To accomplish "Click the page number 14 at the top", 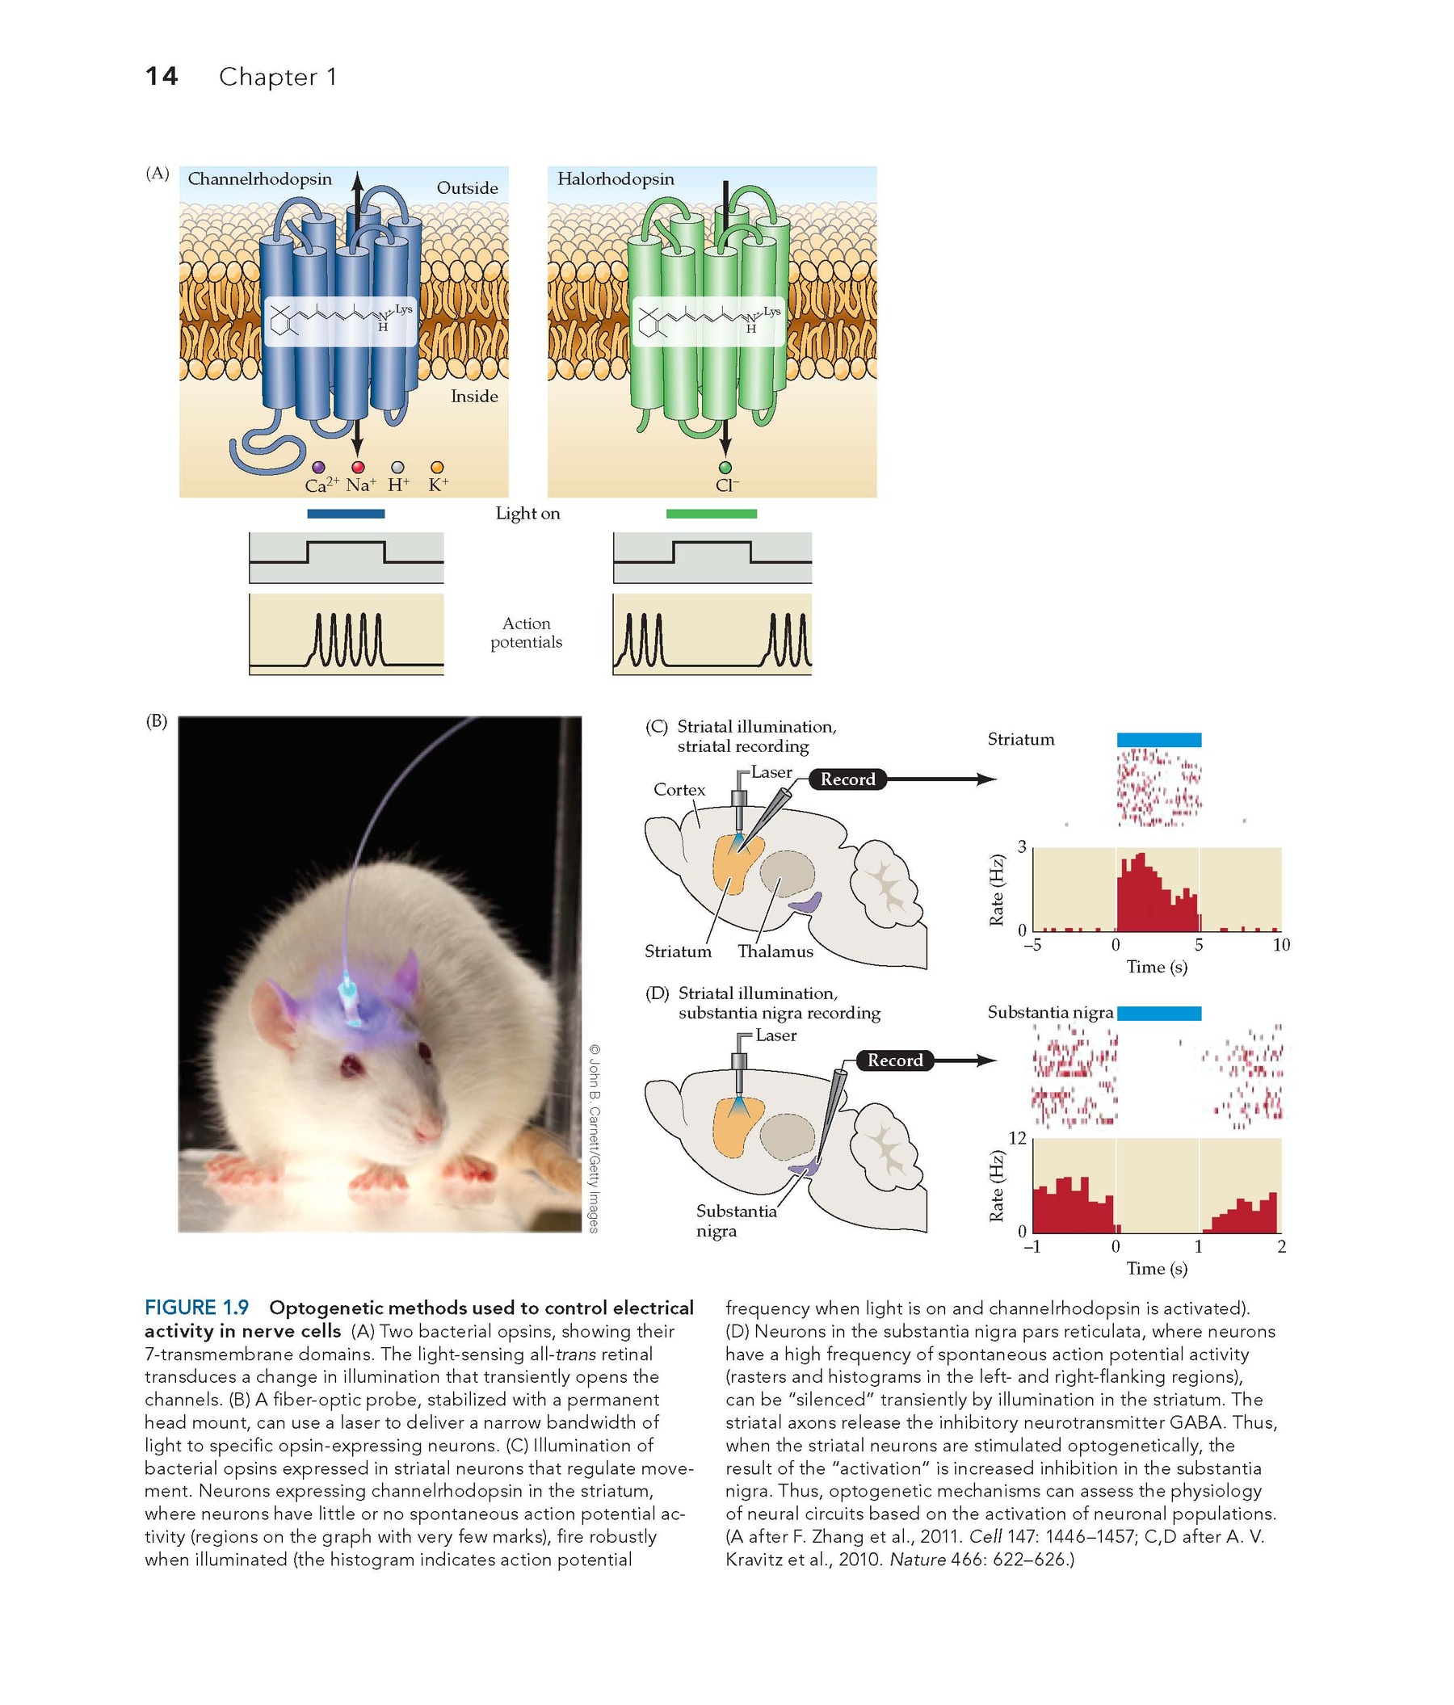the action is click(161, 77).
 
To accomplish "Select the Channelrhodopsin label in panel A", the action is click(260, 178).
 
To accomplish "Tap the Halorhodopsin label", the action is click(616, 178).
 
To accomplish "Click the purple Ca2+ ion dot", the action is click(318, 468).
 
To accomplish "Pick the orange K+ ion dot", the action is click(438, 468).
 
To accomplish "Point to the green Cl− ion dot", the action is click(725, 468).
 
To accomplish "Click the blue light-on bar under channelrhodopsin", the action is click(346, 514).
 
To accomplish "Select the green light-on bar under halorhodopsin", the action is click(712, 514).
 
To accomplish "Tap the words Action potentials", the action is click(527, 632).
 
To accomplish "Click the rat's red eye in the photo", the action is click(353, 1066).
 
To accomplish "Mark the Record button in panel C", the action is click(847, 779).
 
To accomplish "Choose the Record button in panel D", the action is click(895, 1060).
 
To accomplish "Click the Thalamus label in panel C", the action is click(775, 952).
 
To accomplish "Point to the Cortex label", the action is click(679, 790).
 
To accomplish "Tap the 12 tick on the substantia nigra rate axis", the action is click(1017, 1138).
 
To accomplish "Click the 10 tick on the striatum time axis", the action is click(1281, 945).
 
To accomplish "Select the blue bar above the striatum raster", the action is click(1158, 740).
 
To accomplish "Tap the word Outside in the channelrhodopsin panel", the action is click(468, 188).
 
